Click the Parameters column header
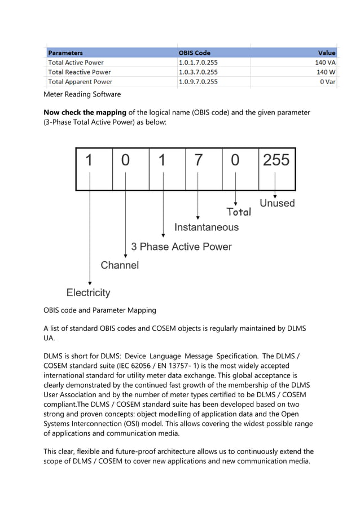65,53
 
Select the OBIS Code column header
194,53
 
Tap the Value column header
326,53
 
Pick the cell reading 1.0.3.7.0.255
198,72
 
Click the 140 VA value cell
325,63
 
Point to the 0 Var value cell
327,82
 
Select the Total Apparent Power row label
80,82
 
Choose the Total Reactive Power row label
80,72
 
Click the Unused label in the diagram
277,203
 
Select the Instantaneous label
206,227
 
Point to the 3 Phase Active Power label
181,247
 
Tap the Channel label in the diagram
120,265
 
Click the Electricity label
89,293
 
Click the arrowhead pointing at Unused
275,195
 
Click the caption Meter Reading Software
82,94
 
